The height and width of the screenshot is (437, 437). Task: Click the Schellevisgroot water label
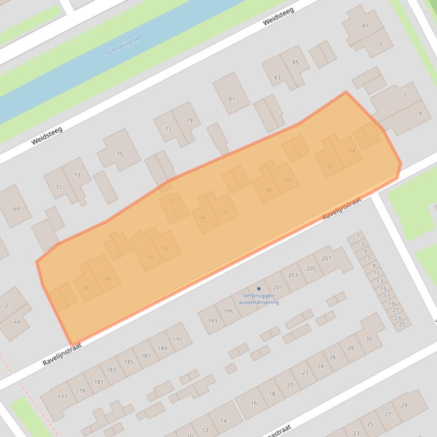point(123,45)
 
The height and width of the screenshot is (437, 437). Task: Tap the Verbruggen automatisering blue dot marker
point(259,289)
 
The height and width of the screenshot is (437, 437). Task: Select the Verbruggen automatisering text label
point(259,299)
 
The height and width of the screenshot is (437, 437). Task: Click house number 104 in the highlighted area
point(350,150)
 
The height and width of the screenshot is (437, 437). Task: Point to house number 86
point(86,288)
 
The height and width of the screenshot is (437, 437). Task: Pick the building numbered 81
point(232,99)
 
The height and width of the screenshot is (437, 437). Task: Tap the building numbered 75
point(119,154)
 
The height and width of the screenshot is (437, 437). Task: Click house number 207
point(326,258)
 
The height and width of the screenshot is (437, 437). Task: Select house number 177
point(62,397)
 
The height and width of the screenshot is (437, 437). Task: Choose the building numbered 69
point(16,209)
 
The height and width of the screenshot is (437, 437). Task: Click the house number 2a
point(17,322)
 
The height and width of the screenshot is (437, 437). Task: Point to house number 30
point(368,339)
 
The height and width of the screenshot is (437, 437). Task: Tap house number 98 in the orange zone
point(268,190)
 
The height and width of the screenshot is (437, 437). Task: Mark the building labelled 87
point(365,26)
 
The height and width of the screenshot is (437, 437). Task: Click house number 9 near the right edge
point(420,114)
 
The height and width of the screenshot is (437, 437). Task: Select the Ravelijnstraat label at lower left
point(62,354)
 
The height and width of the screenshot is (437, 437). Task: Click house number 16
point(254,403)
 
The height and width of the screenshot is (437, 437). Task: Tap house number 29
point(404,405)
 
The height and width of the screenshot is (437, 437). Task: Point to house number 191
point(178,339)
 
